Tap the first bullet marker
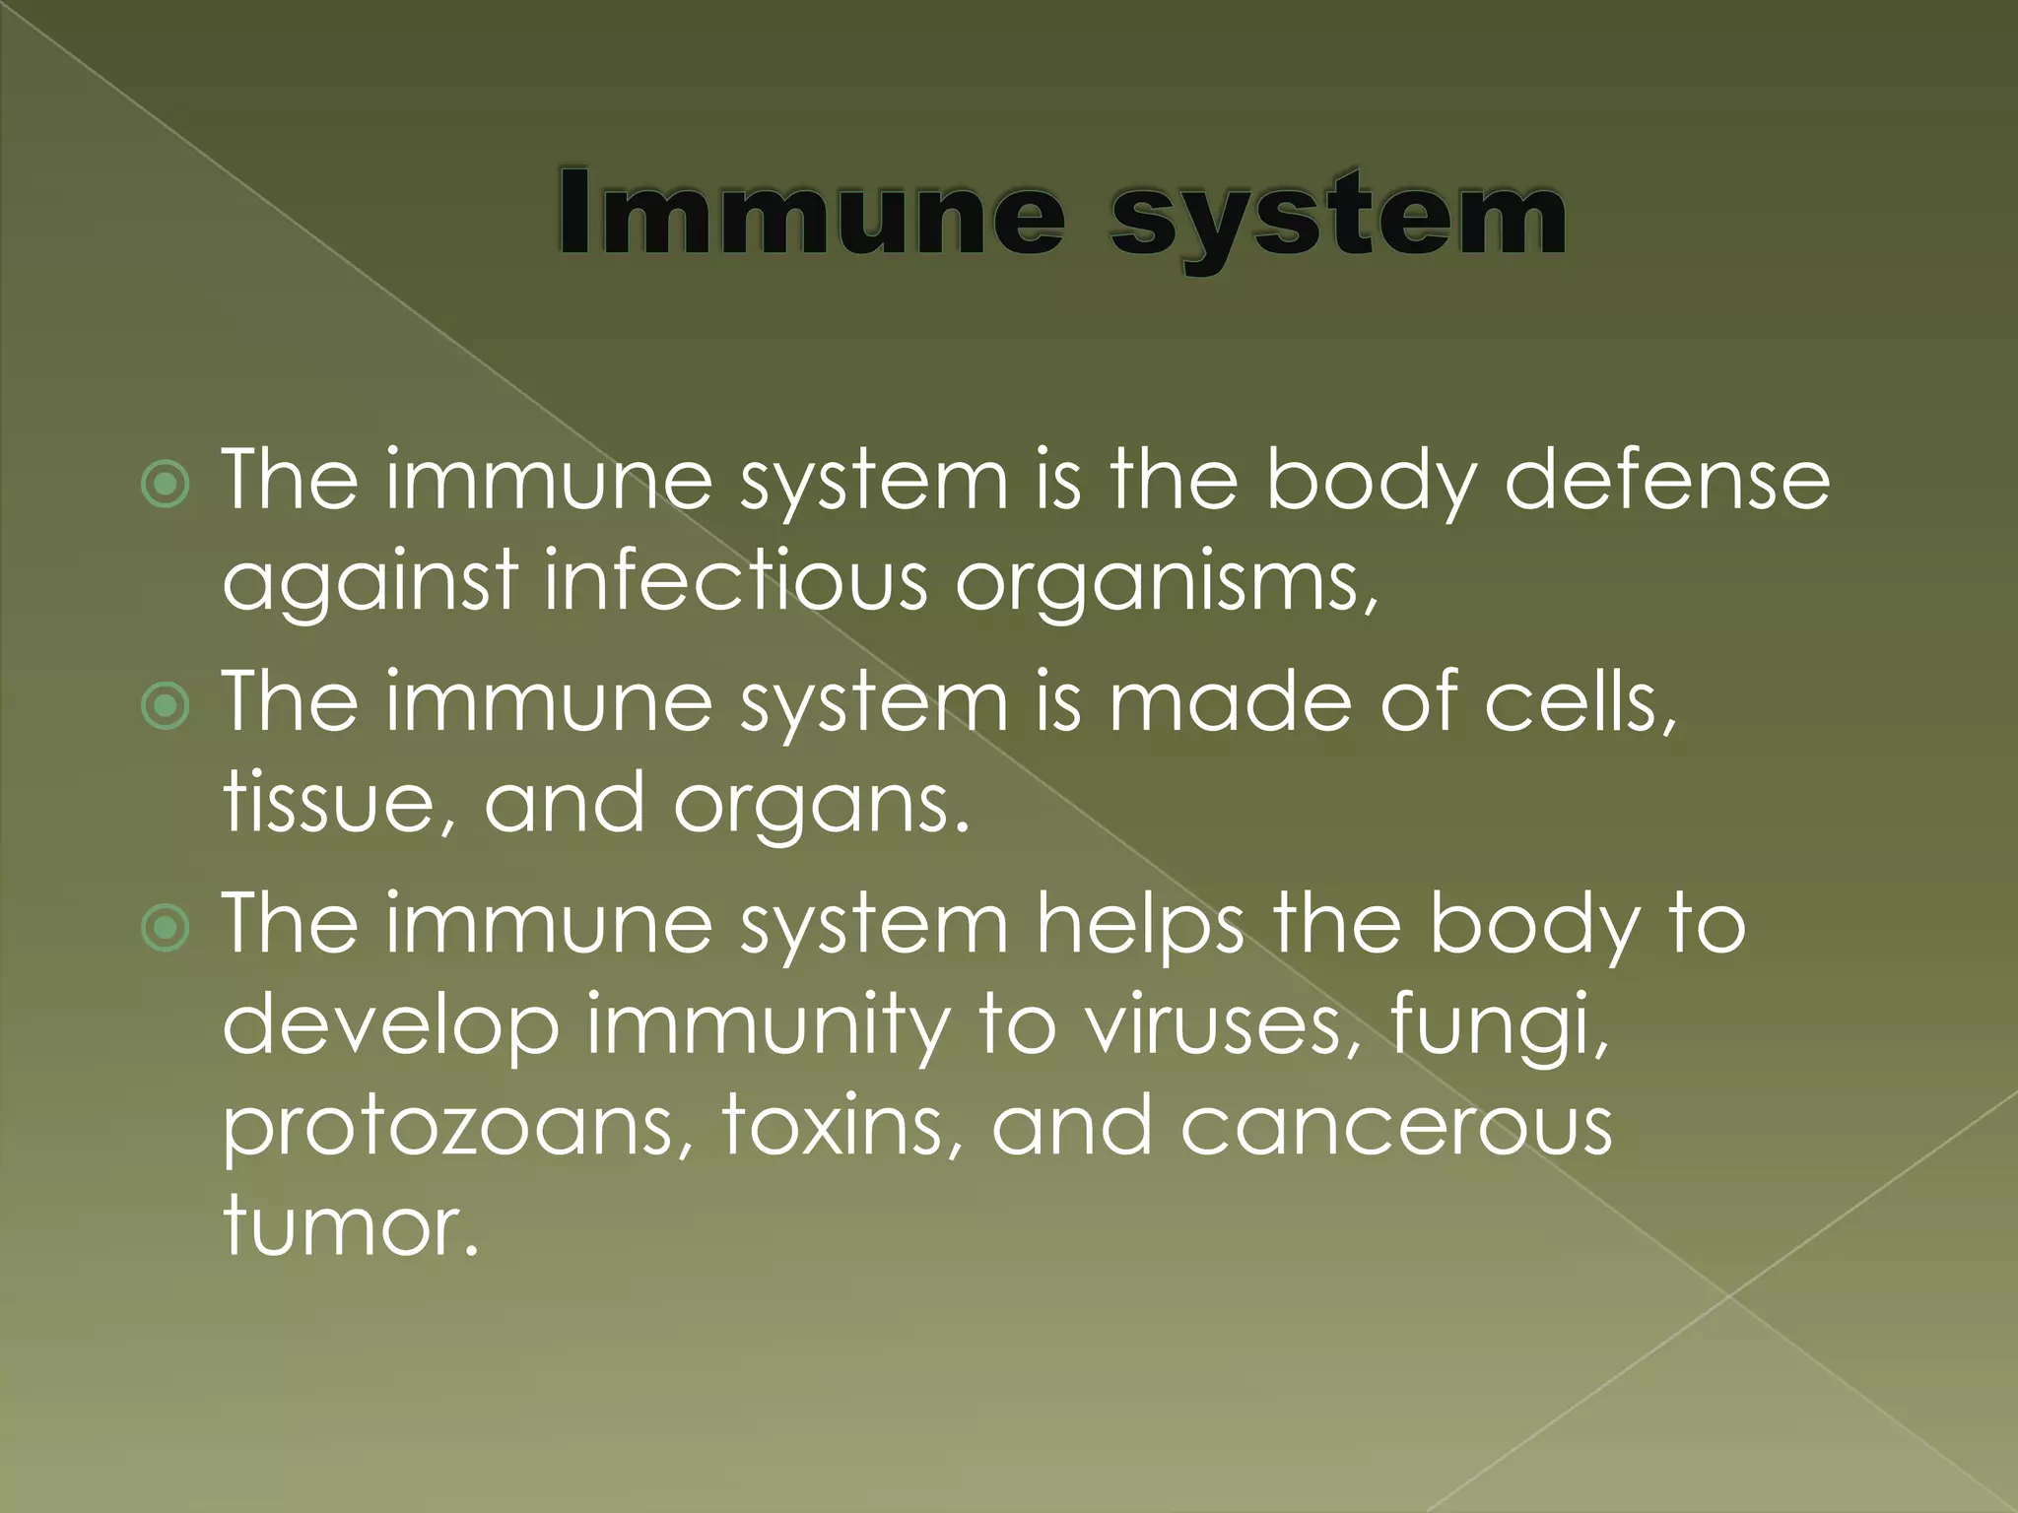[x=166, y=484]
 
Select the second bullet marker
[x=166, y=705]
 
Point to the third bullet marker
[x=166, y=928]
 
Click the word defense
[x=1666, y=481]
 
